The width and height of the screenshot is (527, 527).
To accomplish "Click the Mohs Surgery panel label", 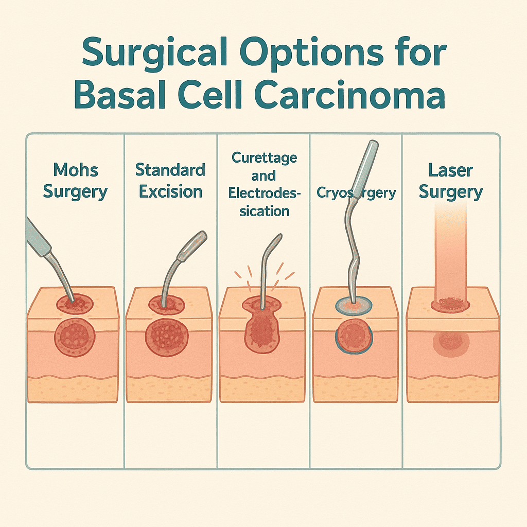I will click(75, 181).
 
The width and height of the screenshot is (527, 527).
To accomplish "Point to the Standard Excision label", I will click(170, 181).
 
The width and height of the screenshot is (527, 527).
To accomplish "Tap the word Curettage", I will click(263, 157).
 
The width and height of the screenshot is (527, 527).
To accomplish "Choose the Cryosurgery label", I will click(357, 193).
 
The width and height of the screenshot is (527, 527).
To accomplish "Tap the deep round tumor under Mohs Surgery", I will click(75, 337).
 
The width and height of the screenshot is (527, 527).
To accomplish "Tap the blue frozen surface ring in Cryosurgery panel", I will click(353, 307).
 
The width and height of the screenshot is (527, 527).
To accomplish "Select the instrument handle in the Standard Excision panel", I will click(191, 246).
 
